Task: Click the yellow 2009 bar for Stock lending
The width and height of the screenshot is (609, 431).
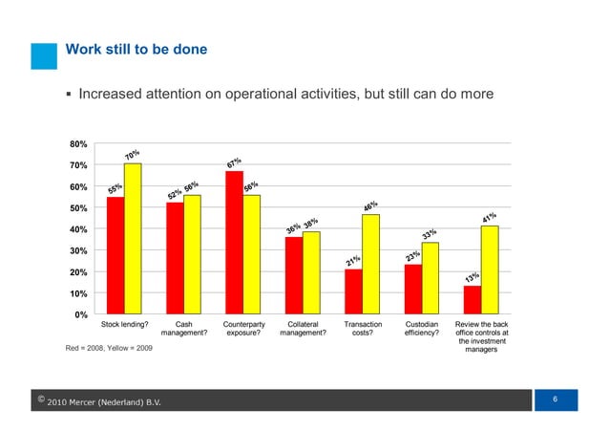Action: click(x=133, y=239)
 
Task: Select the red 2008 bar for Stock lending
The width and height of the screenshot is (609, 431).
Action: click(x=115, y=255)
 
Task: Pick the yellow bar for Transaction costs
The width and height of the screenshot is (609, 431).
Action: click(x=370, y=265)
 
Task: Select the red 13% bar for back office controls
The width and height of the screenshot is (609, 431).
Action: click(x=472, y=300)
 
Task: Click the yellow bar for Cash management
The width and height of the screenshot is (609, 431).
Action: click(x=192, y=254)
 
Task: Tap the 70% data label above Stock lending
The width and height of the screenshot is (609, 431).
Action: click(x=133, y=155)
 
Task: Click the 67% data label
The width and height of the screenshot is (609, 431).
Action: click(x=234, y=162)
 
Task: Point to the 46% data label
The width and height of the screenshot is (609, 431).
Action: click(x=371, y=206)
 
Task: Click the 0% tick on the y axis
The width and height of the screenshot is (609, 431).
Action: click(x=82, y=314)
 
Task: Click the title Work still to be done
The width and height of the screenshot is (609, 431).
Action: click(x=136, y=49)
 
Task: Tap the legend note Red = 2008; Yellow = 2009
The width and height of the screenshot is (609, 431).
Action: click(x=108, y=347)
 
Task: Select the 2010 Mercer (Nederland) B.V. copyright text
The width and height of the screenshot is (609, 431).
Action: click(x=104, y=401)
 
